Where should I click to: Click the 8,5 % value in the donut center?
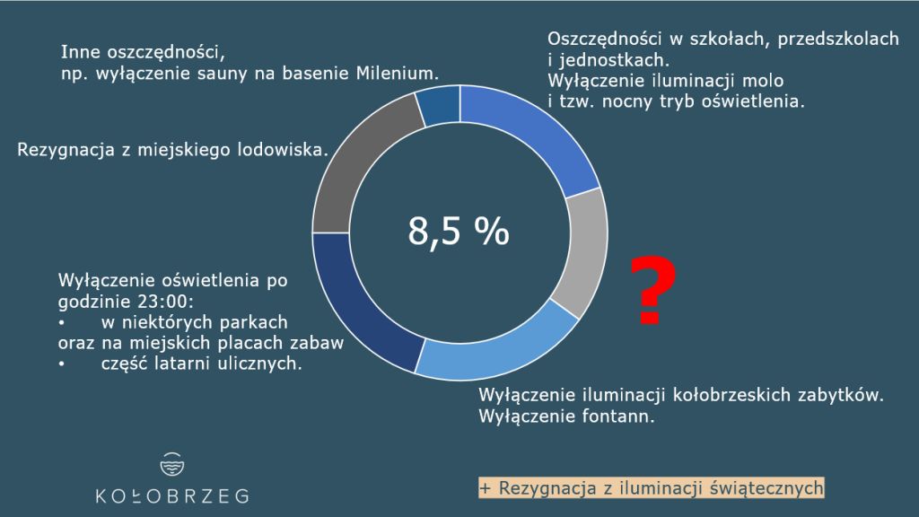point(459,231)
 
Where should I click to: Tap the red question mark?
point(653,290)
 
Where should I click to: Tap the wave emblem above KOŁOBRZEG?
point(171,464)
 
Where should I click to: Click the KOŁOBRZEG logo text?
point(171,496)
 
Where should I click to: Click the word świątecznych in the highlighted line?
point(766,488)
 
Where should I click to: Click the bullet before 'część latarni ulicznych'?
point(62,364)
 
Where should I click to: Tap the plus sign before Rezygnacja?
point(486,488)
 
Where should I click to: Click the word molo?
point(761,80)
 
